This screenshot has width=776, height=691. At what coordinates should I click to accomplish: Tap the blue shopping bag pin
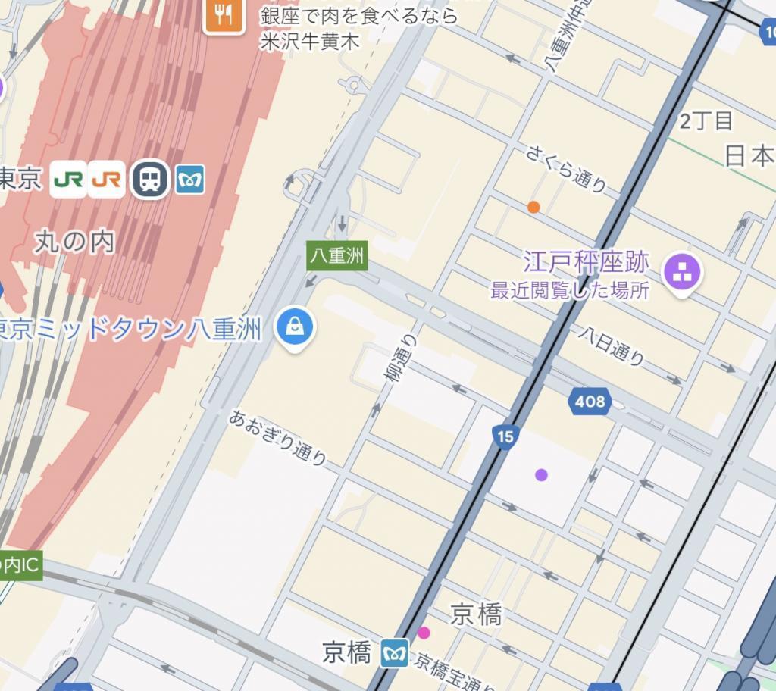pyautogui.click(x=295, y=327)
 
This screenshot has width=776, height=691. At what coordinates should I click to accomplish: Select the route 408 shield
pyautogui.click(x=590, y=401)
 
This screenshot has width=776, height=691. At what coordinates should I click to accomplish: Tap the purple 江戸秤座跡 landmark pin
pyautogui.click(x=682, y=272)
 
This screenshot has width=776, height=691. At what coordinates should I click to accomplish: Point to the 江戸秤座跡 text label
pyautogui.click(x=586, y=263)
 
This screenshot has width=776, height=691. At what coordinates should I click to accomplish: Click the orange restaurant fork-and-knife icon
pyautogui.click(x=224, y=15)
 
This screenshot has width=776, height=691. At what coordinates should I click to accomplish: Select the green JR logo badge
pyautogui.click(x=69, y=180)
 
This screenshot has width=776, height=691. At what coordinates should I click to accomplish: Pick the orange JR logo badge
pyautogui.click(x=106, y=180)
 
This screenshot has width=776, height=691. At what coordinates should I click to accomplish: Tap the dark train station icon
pyautogui.click(x=150, y=179)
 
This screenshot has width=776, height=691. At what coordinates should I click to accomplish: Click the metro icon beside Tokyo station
pyautogui.click(x=190, y=180)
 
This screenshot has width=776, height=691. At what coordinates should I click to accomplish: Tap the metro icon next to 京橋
pyautogui.click(x=395, y=652)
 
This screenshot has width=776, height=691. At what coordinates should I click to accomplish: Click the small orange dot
pyautogui.click(x=533, y=207)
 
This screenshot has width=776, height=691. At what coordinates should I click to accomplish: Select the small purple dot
pyautogui.click(x=541, y=475)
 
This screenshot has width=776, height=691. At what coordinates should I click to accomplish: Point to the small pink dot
pyautogui.click(x=424, y=633)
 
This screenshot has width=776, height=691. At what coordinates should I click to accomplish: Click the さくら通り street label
pyautogui.click(x=566, y=169)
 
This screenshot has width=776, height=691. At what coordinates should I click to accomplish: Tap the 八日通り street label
pyautogui.click(x=612, y=345)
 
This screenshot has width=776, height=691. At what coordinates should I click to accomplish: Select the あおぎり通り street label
pyautogui.click(x=279, y=437)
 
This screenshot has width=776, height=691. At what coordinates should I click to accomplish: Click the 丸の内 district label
pyautogui.click(x=74, y=242)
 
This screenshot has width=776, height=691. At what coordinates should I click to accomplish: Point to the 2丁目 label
pyautogui.click(x=706, y=120)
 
